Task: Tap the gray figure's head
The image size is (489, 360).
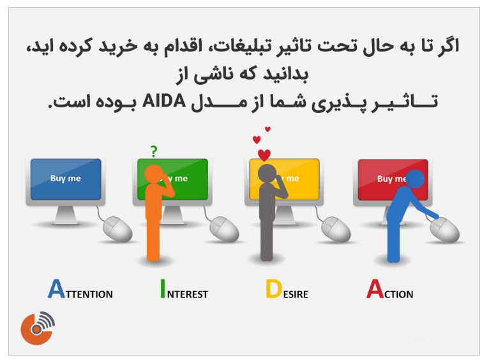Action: click(x=266, y=173)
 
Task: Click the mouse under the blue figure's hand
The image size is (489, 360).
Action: click(x=445, y=229)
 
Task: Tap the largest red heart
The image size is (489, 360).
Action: click(x=264, y=155)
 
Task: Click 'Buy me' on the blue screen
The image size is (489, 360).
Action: click(x=66, y=179)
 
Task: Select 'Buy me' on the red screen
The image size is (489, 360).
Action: click(x=389, y=179)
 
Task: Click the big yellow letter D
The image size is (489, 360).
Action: click(x=273, y=289)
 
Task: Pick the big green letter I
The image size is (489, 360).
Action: click(x=163, y=289)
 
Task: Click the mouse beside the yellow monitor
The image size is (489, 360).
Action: click(x=336, y=229)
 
